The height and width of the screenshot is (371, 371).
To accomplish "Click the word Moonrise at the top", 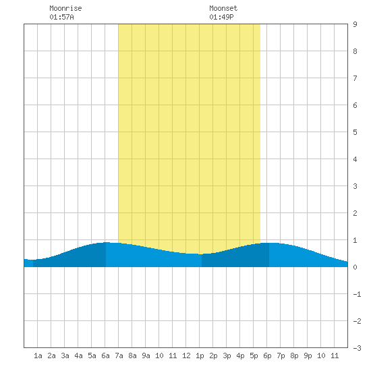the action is [x=65, y=8].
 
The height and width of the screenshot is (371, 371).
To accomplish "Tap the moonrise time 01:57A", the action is [x=61, y=17].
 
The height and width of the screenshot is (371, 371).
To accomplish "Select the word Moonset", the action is [x=223, y=8].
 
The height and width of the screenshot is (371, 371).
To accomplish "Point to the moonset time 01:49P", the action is [x=221, y=17].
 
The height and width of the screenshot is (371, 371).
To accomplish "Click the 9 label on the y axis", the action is [x=355, y=24].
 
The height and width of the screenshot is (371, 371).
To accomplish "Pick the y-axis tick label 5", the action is [x=355, y=132].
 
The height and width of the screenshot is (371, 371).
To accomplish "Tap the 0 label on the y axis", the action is [x=355, y=267].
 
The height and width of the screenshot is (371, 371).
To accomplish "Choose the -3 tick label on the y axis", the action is [x=357, y=348].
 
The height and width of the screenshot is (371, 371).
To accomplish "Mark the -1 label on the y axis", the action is [x=357, y=294].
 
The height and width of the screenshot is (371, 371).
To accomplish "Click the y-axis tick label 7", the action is [x=355, y=78].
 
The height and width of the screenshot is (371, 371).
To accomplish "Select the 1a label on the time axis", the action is [x=38, y=355].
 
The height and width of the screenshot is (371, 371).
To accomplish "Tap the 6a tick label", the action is [x=105, y=355].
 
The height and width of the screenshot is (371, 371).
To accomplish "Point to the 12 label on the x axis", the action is [x=186, y=355].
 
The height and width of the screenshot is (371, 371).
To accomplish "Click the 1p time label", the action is [x=200, y=355].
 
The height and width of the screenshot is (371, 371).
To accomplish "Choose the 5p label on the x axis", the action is [x=254, y=355].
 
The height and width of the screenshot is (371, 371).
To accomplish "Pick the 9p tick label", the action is [x=308, y=355].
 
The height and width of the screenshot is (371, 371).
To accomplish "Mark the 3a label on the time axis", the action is [x=65, y=355].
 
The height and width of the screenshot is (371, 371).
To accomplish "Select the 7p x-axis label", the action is [x=281, y=355].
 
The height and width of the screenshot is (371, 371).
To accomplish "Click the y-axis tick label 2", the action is [x=355, y=213].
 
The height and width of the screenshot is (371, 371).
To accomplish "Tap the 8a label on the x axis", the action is [x=132, y=355].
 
